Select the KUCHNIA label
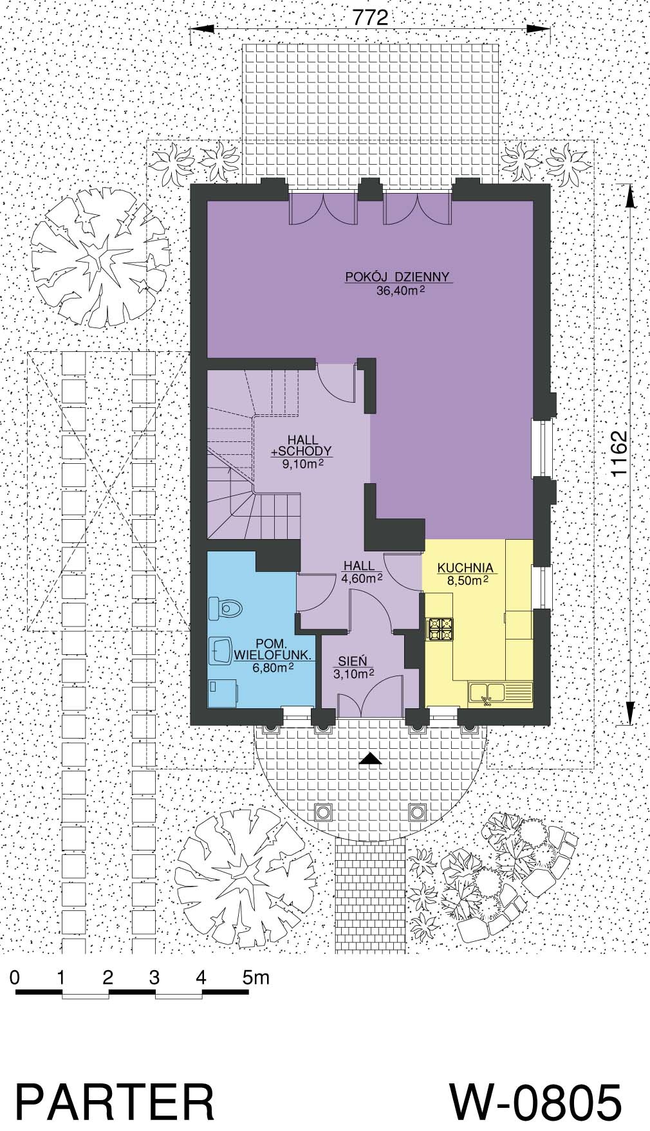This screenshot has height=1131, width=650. [x=465, y=568]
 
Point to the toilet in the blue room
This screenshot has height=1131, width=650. [x=225, y=607]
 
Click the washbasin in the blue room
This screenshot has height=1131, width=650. [x=221, y=650]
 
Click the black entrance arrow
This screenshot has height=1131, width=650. [x=370, y=759]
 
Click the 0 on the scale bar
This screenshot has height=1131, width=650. [x=15, y=978]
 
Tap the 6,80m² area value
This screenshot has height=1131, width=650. [x=274, y=668]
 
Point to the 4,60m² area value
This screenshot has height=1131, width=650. [x=362, y=578]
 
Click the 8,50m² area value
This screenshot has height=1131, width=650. [x=465, y=580]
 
